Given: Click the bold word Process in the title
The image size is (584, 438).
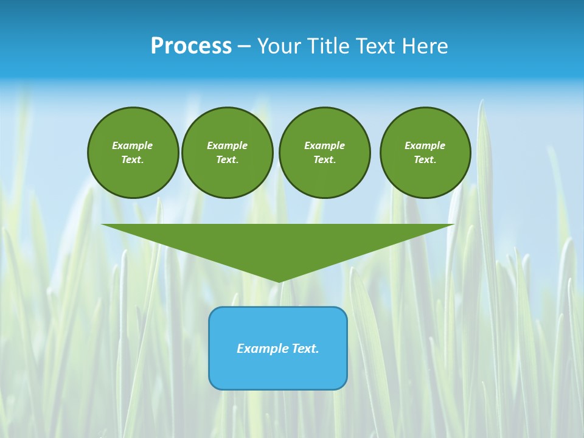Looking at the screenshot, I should click(191, 46).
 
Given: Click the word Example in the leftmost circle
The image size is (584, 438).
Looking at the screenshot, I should click(133, 145).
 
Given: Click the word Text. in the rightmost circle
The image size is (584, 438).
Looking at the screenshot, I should click(425, 159).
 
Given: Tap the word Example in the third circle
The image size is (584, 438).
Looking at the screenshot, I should click(325, 145).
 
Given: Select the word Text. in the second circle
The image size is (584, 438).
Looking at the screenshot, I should click(228, 159).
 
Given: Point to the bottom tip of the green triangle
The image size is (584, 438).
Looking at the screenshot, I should click(278, 280).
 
